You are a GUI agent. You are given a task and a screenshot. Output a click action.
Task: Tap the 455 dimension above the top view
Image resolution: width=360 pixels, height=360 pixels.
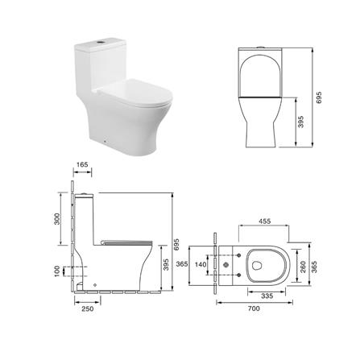click(x=264, y=221)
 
